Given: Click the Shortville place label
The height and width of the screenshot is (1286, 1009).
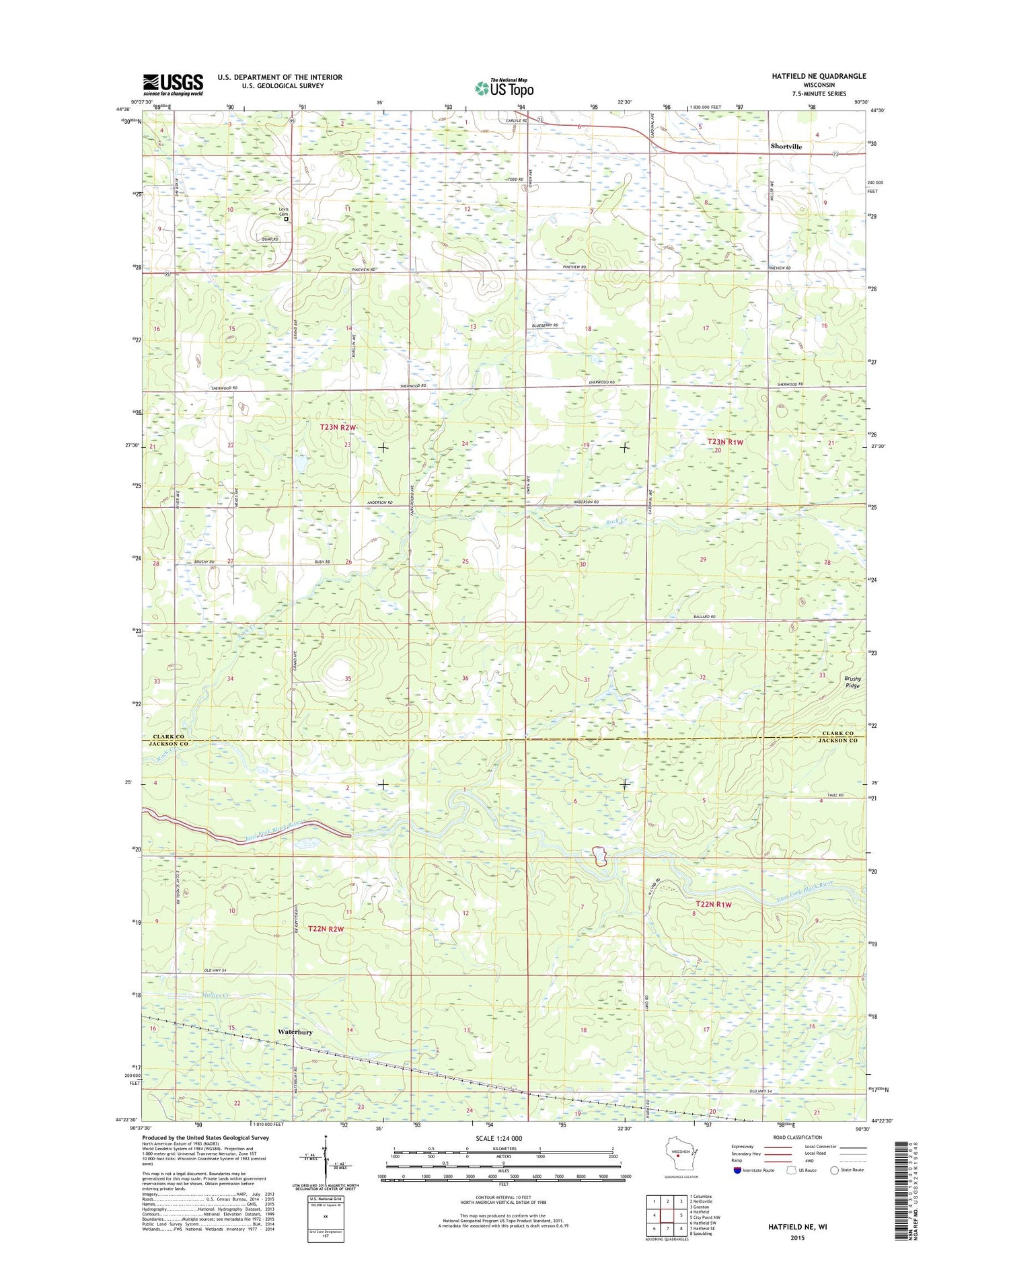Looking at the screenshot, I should tap(786, 146).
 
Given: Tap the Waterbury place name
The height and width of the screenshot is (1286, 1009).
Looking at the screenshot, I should tap(295, 1031).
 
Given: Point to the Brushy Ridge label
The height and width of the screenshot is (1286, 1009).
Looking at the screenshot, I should tap(852, 682).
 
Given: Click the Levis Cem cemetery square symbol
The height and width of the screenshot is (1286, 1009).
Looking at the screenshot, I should tap(286, 219).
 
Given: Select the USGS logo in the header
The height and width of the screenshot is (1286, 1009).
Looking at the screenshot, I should tap(172, 85).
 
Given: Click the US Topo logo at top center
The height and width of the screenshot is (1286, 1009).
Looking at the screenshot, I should tap(504, 87).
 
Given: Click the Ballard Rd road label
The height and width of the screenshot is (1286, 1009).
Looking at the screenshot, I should tap(704, 616).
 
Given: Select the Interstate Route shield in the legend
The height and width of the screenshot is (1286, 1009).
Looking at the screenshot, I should tap(737, 1170).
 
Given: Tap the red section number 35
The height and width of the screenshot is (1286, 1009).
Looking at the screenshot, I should tap(348, 679).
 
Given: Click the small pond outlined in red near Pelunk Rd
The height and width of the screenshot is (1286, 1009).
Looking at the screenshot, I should tap(599, 856).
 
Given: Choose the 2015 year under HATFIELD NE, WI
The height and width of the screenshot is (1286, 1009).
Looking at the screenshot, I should tap(797, 1238).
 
